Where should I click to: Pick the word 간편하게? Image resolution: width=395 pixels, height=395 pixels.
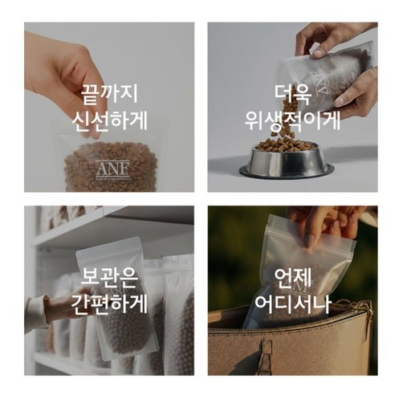click(109, 304)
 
